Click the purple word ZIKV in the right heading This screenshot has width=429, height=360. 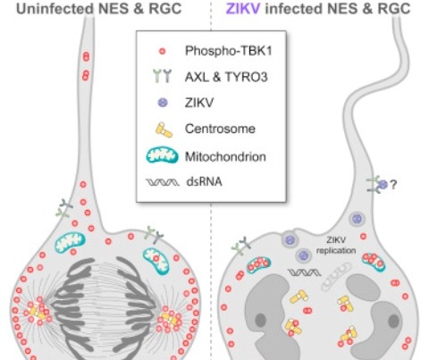(243, 9)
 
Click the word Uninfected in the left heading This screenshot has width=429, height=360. (55, 9)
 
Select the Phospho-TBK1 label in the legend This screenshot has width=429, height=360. (229, 51)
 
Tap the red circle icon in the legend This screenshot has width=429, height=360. (162, 51)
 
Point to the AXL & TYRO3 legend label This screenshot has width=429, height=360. (226, 77)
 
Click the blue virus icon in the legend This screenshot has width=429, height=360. (163, 103)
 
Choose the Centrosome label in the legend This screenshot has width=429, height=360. (220, 129)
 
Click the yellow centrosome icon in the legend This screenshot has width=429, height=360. (164, 130)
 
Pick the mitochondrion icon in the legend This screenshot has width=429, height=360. (162, 155)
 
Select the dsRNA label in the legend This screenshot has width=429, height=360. (204, 181)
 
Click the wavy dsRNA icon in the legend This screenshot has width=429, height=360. (163, 182)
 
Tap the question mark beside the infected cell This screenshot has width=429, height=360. (393, 185)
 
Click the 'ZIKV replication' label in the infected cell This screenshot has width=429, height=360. (336, 245)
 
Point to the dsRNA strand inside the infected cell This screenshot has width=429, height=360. (304, 272)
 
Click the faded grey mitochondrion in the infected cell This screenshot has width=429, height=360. (337, 276)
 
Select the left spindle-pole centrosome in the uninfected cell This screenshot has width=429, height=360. (37, 312)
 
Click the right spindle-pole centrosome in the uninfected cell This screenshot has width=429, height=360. (170, 320)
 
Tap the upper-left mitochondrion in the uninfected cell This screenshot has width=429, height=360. (71, 242)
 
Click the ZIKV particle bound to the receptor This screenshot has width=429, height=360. (383, 185)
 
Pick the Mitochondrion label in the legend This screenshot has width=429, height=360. (225, 156)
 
